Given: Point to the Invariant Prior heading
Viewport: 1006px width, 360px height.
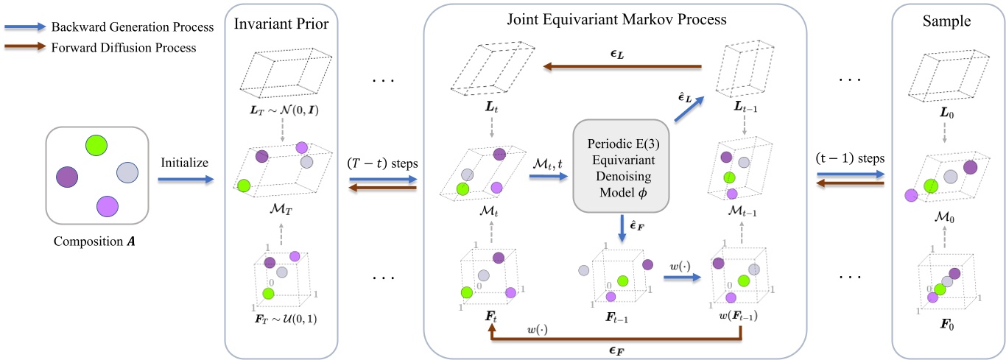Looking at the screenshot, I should click(x=281, y=24).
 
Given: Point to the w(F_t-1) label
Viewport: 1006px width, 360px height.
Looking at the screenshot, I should click(x=739, y=317).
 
